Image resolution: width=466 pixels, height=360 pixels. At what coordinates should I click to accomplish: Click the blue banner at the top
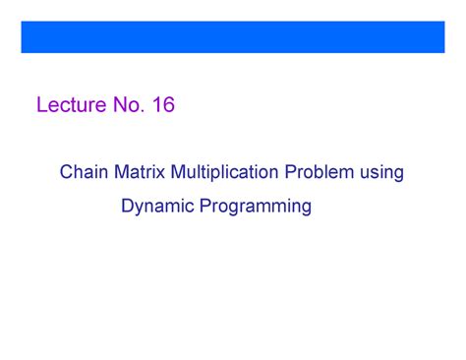tap(233, 35)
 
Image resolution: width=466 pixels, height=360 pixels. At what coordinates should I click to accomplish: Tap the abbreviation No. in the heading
tap(125, 105)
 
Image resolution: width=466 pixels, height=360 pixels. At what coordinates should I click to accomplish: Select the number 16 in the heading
tap(163, 105)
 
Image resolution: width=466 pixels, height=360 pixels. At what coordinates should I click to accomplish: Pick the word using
tap(381, 175)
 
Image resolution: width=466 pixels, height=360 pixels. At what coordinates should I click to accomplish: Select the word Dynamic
tap(154, 207)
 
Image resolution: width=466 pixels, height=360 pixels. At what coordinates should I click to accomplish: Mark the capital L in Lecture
tap(41, 105)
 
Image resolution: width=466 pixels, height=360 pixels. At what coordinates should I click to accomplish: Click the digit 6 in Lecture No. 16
tap(168, 105)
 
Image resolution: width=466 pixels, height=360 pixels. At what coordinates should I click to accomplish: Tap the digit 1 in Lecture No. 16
tap(156, 105)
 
